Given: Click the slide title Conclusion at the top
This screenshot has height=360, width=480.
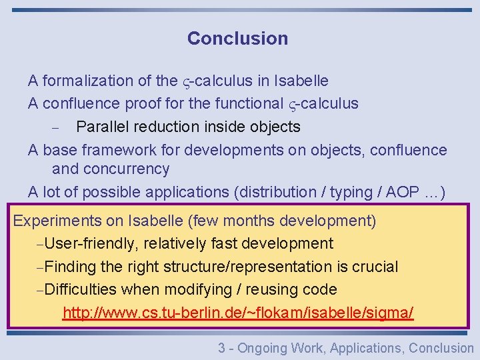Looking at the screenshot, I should [x=237, y=39].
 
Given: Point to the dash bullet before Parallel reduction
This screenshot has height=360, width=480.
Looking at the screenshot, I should [x=56, y=127].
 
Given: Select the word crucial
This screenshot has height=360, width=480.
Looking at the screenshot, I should [x=373, y=267].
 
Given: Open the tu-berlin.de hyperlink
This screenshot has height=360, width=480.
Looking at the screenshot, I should [x=238, y=313].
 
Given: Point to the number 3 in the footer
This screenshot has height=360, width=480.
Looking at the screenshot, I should [x=221, y=348].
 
